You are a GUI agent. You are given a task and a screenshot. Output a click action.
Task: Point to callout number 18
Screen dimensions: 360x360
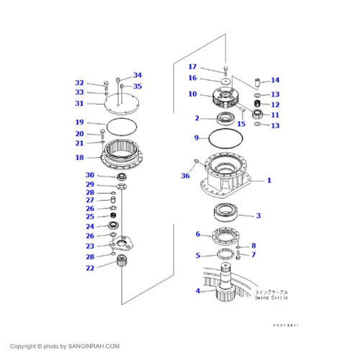point(80,158)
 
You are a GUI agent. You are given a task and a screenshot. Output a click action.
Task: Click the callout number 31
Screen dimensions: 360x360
point(80,103)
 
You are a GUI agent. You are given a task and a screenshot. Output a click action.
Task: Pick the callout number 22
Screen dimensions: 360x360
point(90,268)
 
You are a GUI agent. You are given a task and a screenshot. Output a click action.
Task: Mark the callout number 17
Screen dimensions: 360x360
point(192,68)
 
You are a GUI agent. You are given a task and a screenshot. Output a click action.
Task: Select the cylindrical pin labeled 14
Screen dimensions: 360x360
point(257,81)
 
